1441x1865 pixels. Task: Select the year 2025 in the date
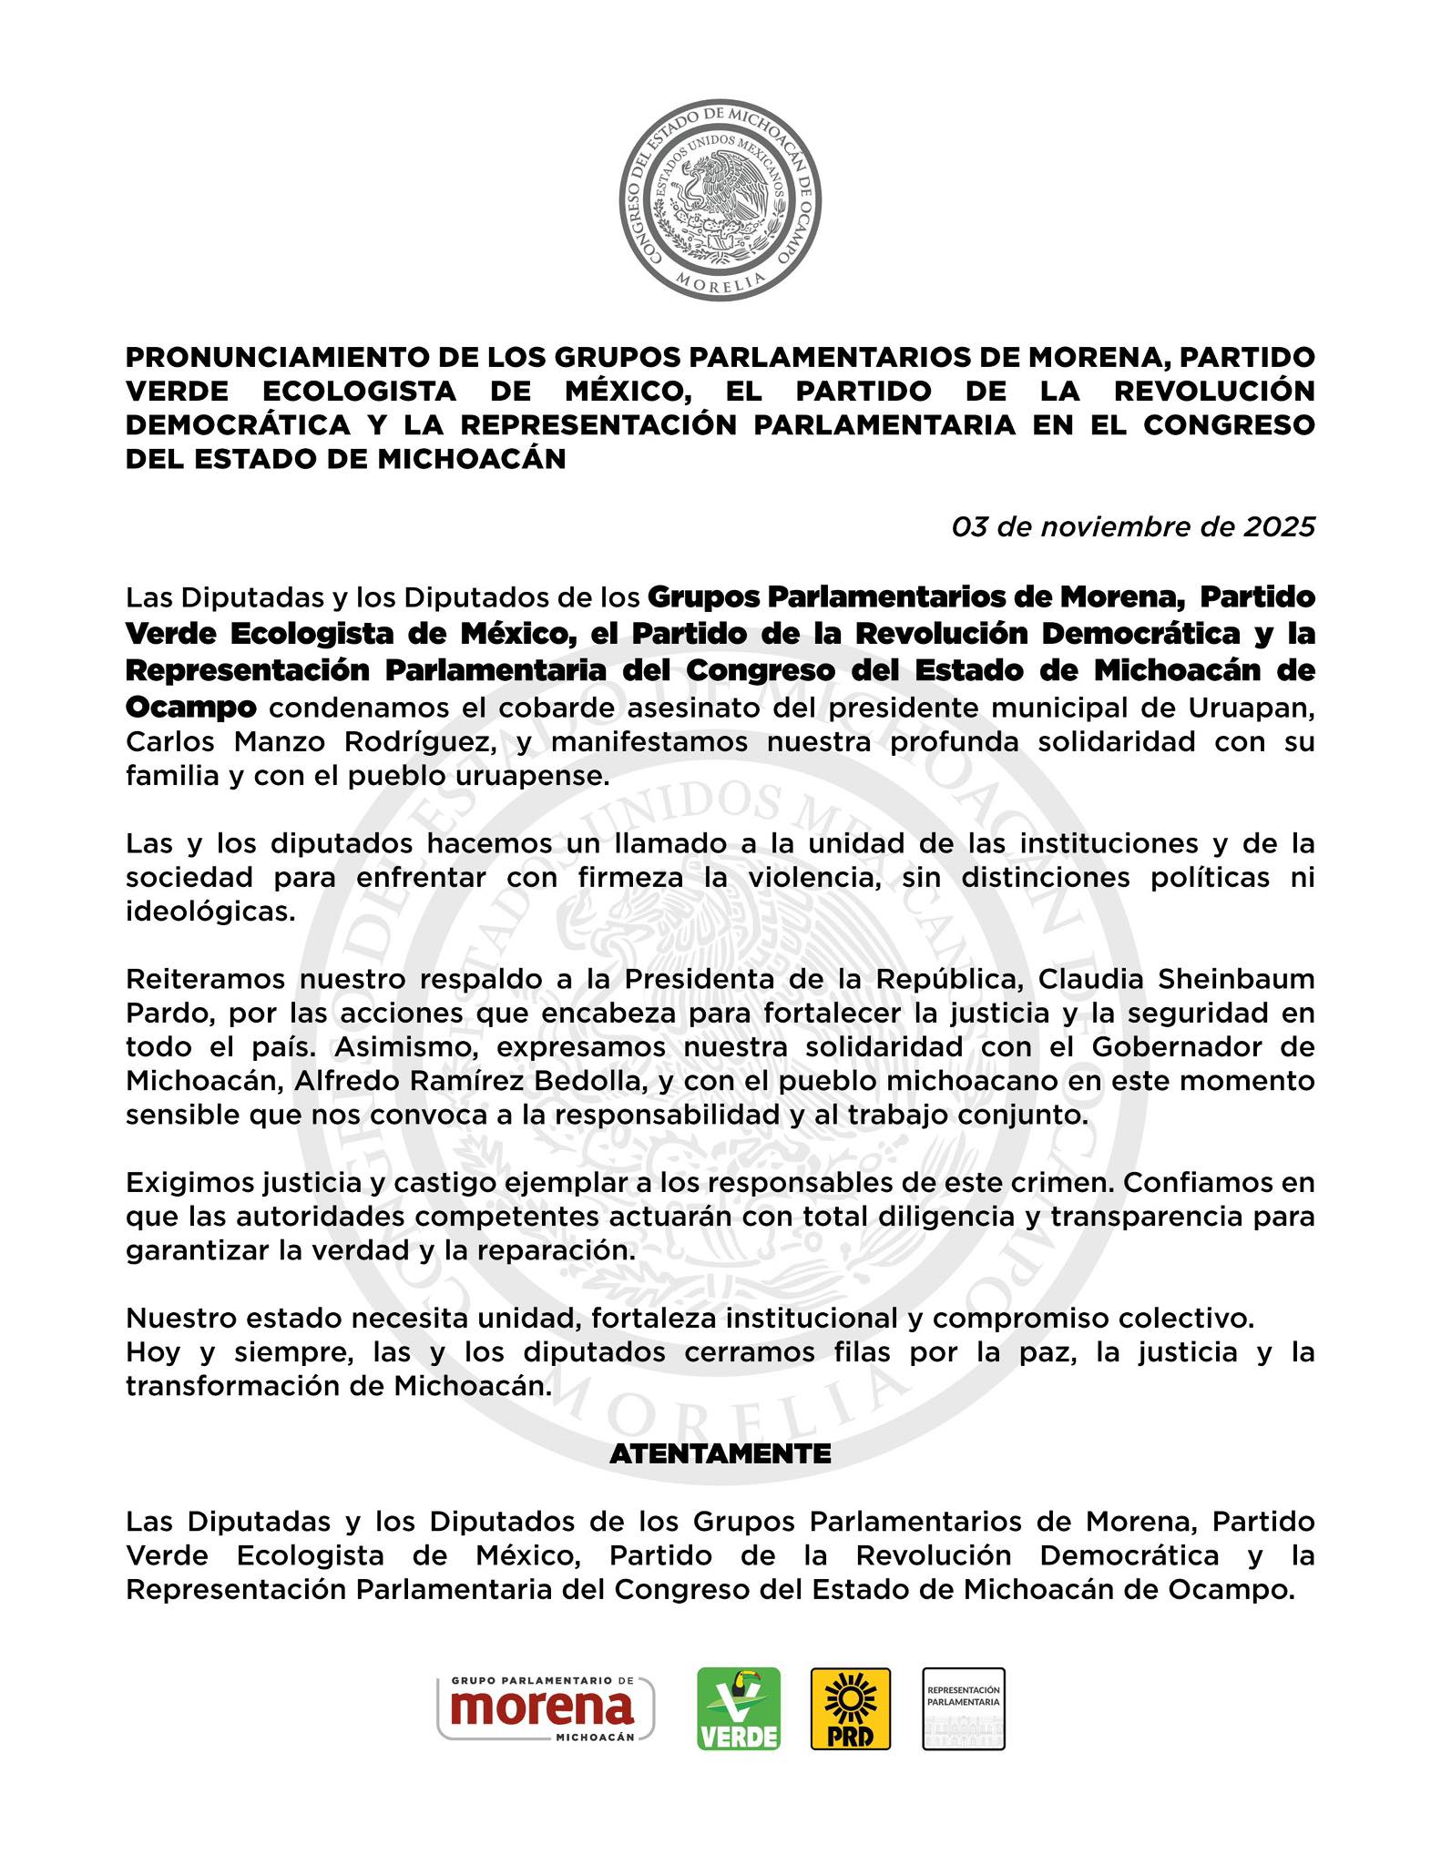pos(1280,526)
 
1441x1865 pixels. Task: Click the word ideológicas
pos(210,912)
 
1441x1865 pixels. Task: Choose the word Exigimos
pos(185,1183)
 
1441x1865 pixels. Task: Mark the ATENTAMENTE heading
pos(720,1454)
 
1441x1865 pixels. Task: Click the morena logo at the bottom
pos(546,1707)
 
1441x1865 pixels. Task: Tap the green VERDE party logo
pos(739,1708)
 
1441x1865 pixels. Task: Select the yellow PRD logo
pos(851,1708)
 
